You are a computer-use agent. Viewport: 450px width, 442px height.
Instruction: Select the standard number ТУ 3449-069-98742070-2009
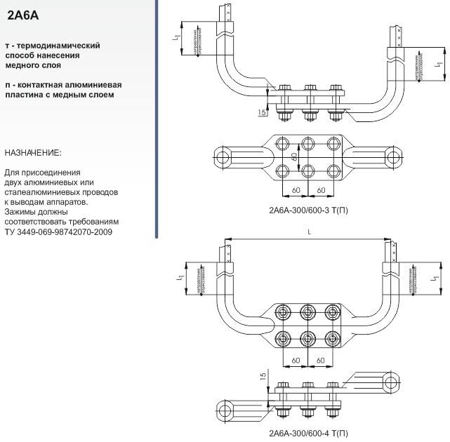pyautogui.click(x=58, y=232)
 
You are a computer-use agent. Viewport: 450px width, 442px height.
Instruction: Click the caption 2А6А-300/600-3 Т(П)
pyautogui.click(x=307, y=209)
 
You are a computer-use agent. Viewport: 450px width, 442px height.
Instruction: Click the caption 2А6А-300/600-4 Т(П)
pyautogui.click(x=307, y=433)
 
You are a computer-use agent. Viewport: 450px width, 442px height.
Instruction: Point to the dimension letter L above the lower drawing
pyautogui.click(x=310, y=232)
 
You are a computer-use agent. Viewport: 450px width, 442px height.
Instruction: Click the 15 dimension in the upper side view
pyautogui.click(x=262, y=112)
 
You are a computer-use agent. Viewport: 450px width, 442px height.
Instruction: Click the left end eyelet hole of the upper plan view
pyautogui.click(x=225, y=156)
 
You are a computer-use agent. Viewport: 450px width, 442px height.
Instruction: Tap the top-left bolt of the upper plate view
pyautogui.click(x=281, y=143)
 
